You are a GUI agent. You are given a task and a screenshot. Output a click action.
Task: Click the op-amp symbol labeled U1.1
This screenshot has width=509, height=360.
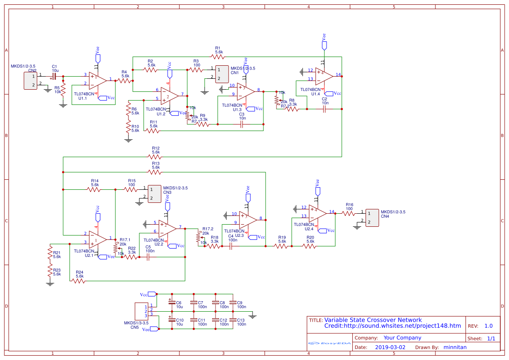coord(98,80)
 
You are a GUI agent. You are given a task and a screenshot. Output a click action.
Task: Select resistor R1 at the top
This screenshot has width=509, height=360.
coord(218,57)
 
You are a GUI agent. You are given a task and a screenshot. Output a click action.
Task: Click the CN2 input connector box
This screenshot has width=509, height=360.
coord(31,81)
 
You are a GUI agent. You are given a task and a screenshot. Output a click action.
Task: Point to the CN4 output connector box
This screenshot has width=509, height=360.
coord(372,218)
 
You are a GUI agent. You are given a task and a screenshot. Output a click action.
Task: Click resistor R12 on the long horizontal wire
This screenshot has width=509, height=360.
coord(155,157)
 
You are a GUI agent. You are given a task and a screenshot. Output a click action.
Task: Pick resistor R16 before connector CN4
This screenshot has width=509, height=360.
coord(349,213)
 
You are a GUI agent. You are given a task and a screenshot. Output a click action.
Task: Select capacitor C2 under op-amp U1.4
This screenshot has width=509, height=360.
coord(324,109)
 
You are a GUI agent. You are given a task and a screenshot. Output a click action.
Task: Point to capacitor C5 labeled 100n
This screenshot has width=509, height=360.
coord(148,257)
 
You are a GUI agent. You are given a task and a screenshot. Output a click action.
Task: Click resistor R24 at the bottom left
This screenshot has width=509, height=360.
coord(79,281)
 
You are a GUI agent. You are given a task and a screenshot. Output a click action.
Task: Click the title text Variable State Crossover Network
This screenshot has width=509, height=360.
coord(373,320)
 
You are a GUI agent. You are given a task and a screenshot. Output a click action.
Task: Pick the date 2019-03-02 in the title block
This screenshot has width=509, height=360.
coord(390,347)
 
